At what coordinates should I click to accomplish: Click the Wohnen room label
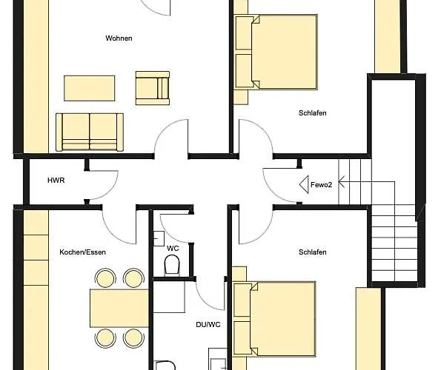119,38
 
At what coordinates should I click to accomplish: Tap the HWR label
56,181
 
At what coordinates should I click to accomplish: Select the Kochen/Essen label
83,252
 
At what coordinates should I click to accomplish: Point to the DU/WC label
208,325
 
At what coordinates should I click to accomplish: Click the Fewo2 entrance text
321,185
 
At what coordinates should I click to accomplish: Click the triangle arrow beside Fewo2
304,184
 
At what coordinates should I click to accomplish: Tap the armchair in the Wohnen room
153,88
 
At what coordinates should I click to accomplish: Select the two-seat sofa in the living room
90,132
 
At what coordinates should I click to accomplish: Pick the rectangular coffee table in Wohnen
90,88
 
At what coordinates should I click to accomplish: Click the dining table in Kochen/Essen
119,309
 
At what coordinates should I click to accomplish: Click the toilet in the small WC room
172,265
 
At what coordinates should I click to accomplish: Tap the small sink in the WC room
159,238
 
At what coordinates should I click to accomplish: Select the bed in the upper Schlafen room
276,53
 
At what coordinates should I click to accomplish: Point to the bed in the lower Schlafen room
275,319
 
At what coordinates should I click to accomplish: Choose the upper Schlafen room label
313,113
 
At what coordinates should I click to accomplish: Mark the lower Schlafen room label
313,252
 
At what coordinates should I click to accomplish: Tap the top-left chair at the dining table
105,278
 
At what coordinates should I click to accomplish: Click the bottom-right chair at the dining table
133,338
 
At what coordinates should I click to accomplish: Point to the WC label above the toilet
173,249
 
